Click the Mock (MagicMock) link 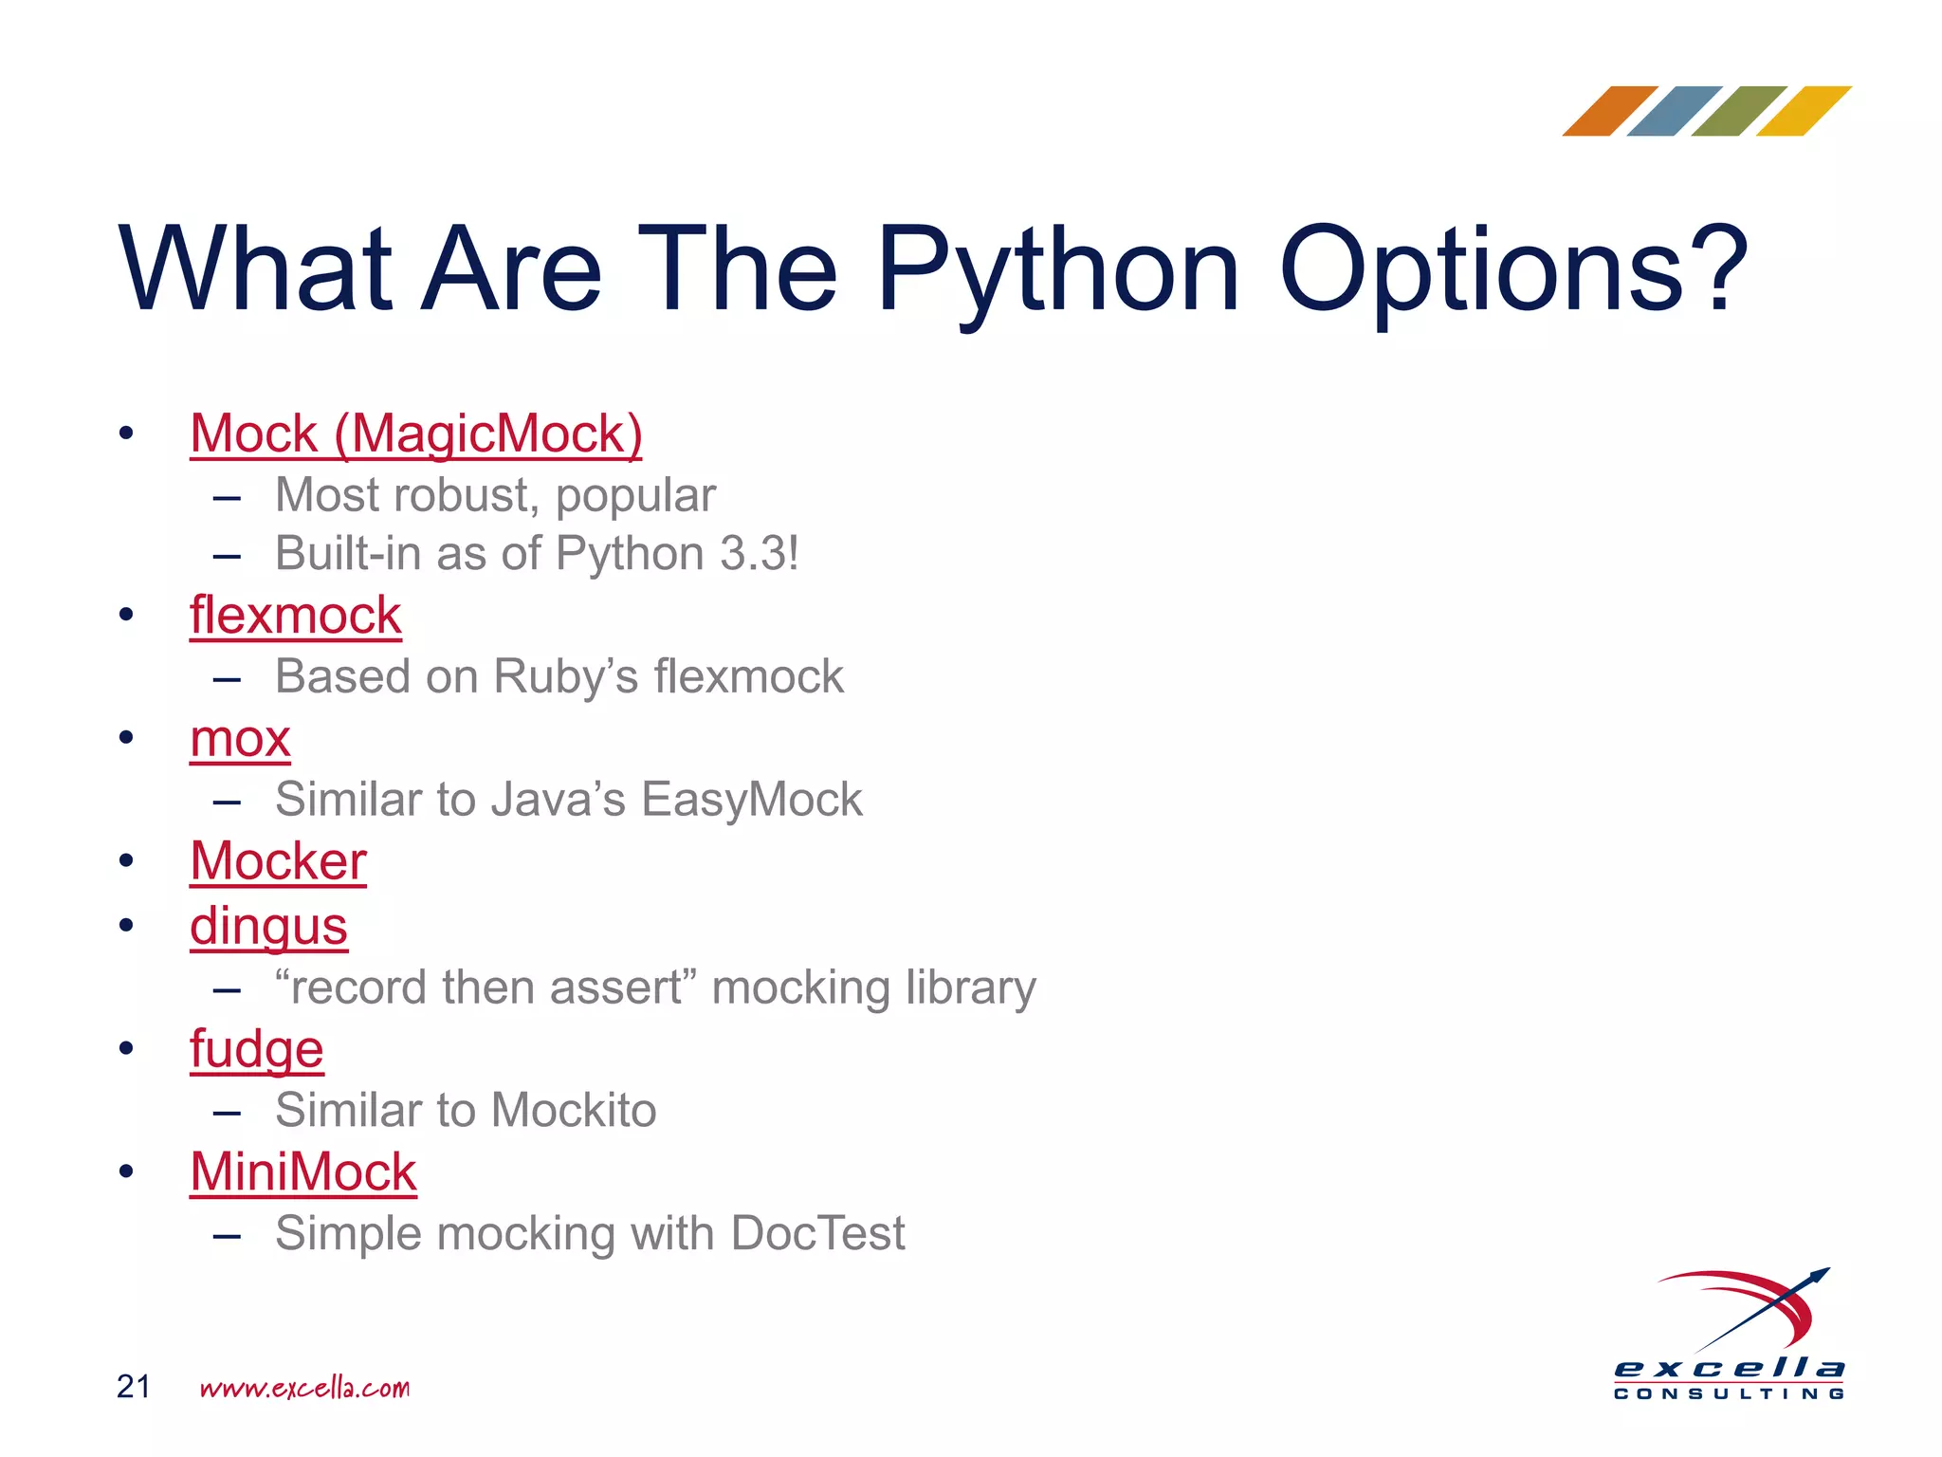(415, 434)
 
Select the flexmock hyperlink (295, 616)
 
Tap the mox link (240, 739)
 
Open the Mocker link (278, 861)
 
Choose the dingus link (268, 926)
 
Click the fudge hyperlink (256, 1049)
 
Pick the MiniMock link (302, 1172)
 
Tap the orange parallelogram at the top (1609, 111)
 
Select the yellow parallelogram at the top (1804, 111)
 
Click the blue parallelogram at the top (1674, 111)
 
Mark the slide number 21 (133, 1387)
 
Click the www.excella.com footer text (304, 1389)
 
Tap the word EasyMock (752, 800)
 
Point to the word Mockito (573, 1111)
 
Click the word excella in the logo (1729, 1368)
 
